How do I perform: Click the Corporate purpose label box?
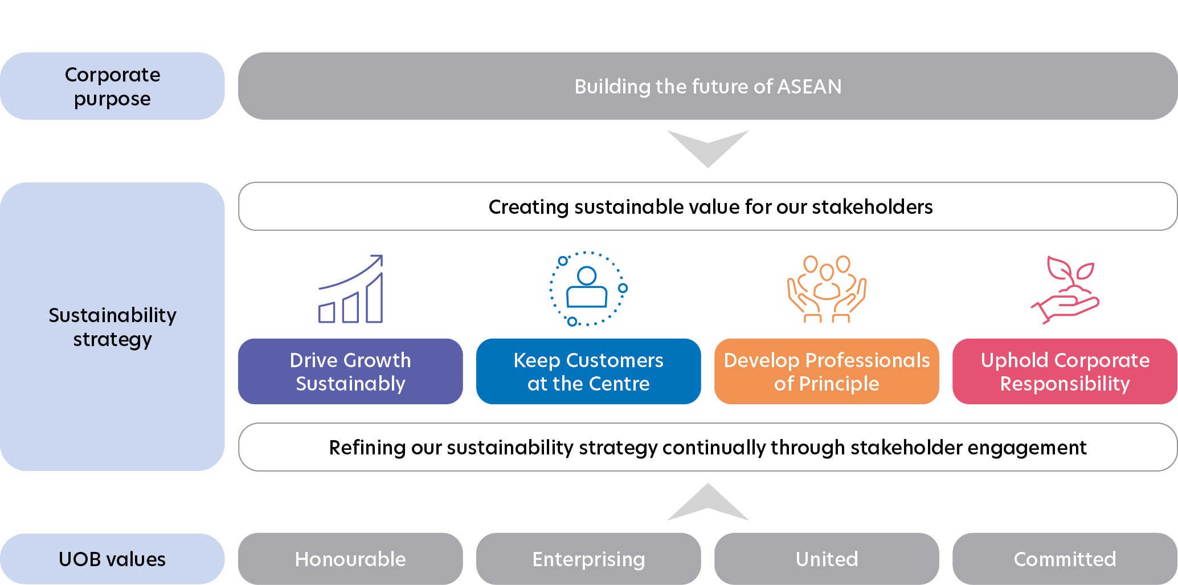tap(112, 86)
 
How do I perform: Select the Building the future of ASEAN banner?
tap(707, 86)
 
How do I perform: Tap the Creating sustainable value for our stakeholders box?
tap(707, 206)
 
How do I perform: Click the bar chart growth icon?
tap(350, 289)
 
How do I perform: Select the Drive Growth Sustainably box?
tap(350, 371)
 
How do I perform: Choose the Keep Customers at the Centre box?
tap(588, 371)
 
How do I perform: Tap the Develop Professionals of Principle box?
tap(827, 371)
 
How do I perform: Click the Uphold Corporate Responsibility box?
tap(1065, 371)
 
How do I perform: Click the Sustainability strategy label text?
tap(112, 327)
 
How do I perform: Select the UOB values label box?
tap(112, 559)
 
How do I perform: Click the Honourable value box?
tap(350, 559)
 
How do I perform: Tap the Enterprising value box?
tap(588, 559)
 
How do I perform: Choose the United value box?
tap(827, 559)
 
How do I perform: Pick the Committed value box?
tap(1065, 559)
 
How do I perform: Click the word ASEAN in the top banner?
tap(809, 87)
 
